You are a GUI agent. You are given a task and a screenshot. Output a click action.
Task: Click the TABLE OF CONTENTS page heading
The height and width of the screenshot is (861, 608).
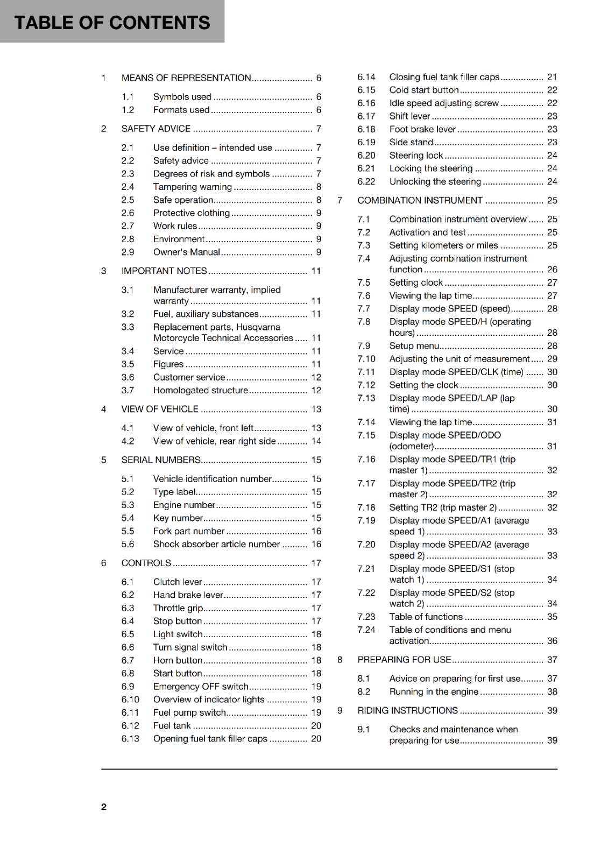pos(112,23)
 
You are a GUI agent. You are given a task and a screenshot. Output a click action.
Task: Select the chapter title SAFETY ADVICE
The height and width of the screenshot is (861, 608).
pos(155,129)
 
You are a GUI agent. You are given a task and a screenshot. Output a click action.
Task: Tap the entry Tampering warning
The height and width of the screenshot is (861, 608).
pos(192,187)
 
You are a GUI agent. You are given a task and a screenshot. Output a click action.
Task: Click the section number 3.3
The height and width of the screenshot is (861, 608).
pos(128,327)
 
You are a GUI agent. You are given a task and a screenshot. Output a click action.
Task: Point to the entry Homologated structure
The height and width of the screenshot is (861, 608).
pos(200,390)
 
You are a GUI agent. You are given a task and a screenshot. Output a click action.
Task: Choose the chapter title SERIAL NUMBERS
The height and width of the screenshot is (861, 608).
pos(160,460)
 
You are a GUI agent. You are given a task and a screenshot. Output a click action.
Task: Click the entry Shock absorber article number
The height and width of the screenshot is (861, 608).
pos(216,544)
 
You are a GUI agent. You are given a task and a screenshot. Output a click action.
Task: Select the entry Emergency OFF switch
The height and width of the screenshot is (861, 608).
pos(200,686)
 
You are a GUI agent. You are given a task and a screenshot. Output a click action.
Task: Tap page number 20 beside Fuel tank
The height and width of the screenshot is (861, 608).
pos(316,725)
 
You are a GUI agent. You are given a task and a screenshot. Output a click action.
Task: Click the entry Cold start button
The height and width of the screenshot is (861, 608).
pos(423,90)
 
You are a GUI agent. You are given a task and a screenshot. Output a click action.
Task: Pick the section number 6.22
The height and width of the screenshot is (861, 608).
pos(366,181)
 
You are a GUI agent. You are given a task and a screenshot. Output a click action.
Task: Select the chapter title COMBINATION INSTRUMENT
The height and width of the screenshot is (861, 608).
pos(420,200)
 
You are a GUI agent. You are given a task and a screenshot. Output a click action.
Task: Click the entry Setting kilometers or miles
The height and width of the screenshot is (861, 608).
pos(443,245)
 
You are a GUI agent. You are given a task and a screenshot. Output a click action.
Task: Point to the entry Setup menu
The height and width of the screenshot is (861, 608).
pos(414,345)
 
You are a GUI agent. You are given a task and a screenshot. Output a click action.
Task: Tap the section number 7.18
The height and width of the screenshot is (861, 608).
pos(366,507)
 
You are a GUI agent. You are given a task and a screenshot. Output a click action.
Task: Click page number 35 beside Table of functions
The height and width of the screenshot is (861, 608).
pos(552,617)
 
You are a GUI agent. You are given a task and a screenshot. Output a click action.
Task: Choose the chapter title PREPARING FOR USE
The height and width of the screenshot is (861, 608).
pos(404,659)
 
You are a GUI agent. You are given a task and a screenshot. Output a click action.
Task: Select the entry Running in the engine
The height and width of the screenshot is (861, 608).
pos(434,691)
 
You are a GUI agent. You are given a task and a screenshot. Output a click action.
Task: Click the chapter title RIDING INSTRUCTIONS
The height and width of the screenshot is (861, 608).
pos(407,710)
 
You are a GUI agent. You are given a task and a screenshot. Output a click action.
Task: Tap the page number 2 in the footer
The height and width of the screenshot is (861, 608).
pos(104,807)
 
